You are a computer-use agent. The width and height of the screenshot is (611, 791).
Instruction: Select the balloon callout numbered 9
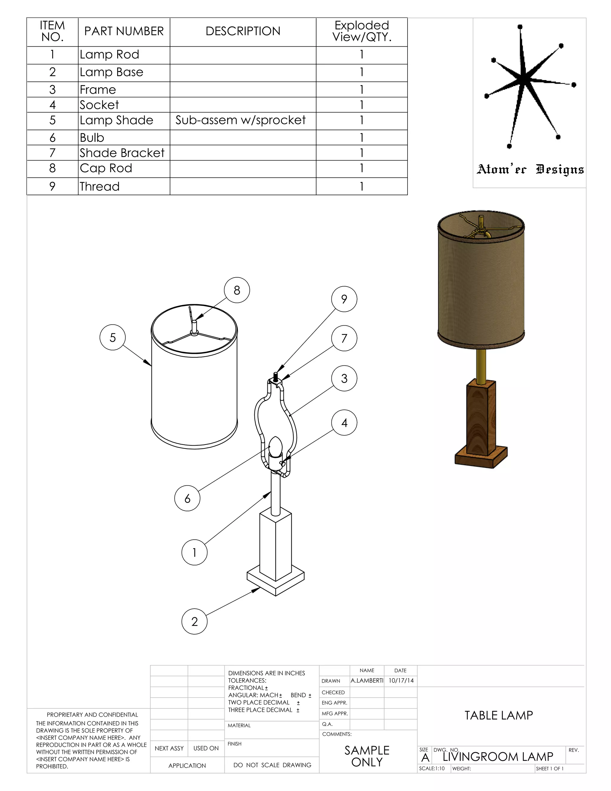[344, 299]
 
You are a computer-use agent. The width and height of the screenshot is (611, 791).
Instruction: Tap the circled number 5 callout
[112, 338]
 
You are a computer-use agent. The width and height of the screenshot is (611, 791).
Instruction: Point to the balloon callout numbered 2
[195, 621]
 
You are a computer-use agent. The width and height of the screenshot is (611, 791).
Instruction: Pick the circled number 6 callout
[187, 498]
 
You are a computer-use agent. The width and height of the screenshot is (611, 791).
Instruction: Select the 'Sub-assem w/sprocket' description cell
[241, 120]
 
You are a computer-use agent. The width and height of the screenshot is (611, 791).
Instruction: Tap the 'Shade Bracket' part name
[122, 153]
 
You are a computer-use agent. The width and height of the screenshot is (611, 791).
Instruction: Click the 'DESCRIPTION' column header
[243, 32]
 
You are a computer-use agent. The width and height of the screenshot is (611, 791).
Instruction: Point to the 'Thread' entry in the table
[100, 187]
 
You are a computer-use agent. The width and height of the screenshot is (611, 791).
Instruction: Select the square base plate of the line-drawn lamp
[275, 582]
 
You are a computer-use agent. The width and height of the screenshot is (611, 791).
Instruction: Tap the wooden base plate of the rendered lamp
[481, 457]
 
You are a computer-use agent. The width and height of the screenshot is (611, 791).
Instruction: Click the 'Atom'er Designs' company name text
[530, 169]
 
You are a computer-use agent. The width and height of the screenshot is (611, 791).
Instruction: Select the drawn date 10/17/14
[401, 681]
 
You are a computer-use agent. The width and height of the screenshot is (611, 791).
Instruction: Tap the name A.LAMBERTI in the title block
[367, 681]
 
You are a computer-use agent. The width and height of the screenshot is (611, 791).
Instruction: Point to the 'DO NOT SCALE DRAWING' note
[272, 765]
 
